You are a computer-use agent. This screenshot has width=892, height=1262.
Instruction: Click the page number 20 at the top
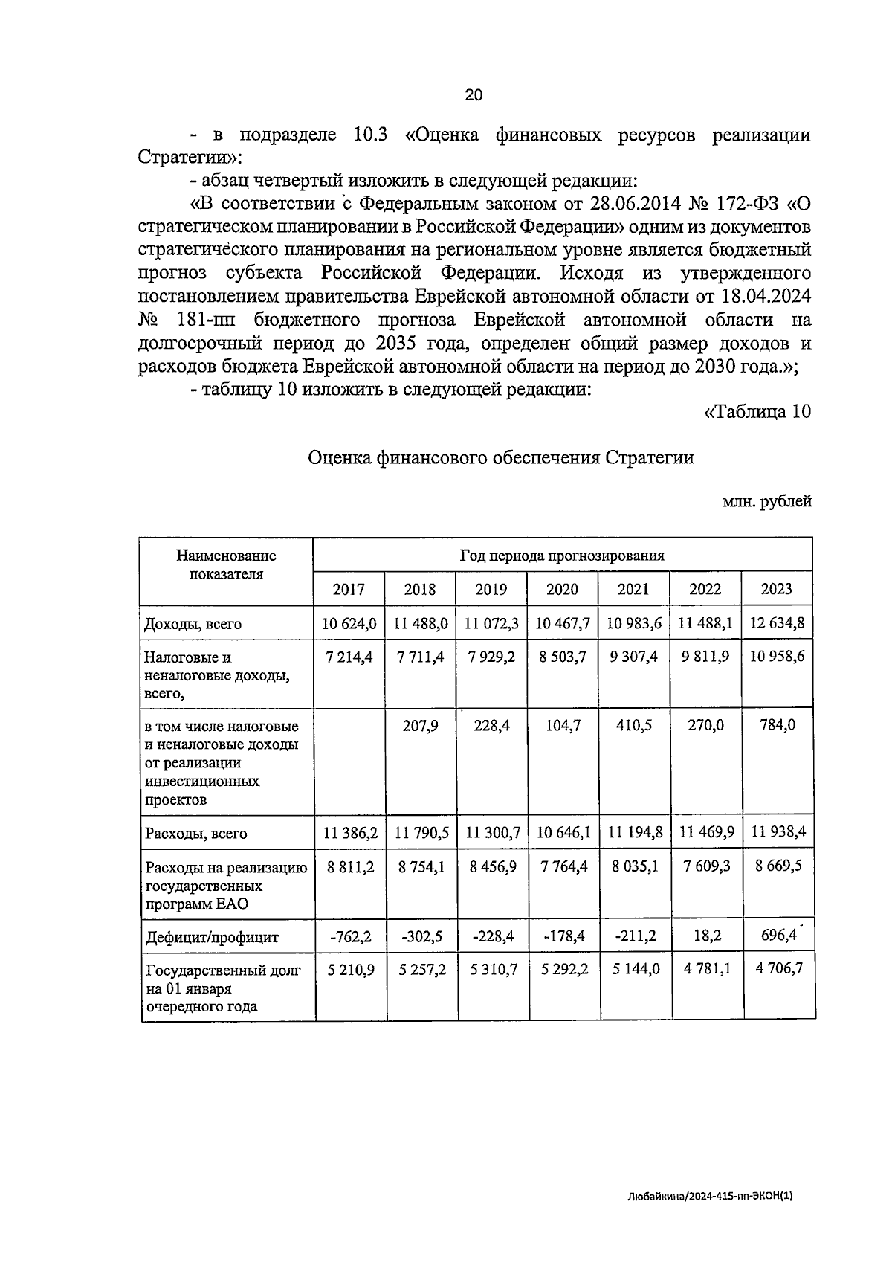474,94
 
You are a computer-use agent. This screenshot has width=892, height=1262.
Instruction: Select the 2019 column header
491,590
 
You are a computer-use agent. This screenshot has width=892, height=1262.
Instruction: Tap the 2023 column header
776,589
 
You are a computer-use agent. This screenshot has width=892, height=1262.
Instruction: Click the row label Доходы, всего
193,625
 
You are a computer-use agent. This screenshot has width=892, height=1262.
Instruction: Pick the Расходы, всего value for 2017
349,833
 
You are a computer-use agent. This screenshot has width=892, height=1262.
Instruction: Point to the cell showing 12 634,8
777,623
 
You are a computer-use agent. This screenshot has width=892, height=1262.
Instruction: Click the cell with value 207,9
420,725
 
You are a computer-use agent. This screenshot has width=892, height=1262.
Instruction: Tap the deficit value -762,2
350,936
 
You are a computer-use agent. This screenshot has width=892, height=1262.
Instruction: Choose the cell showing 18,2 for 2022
705,936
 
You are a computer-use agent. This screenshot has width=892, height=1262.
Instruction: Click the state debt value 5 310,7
491,970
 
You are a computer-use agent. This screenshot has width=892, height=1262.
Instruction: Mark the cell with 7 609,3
705,866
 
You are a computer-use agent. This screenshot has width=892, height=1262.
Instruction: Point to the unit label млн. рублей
766,502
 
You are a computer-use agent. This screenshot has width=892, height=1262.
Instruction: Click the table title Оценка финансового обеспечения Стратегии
501,457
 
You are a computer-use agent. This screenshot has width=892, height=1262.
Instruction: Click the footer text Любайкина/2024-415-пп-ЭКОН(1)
710,1197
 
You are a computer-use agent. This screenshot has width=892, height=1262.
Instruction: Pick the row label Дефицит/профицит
212,937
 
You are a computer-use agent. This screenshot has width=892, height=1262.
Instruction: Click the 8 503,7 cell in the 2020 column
562,657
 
